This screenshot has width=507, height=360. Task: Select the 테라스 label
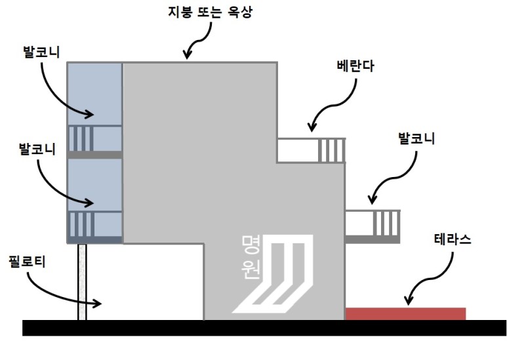coord(453,240)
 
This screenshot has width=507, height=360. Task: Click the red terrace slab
coord(405,313)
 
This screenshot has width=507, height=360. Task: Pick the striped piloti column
coord(82,282)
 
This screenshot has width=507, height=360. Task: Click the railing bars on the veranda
coord(331,150)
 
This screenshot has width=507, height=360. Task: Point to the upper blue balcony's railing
coord(82,138)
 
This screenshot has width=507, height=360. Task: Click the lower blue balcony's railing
coord(82,224)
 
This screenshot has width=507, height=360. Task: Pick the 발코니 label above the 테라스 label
coord(417,138)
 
